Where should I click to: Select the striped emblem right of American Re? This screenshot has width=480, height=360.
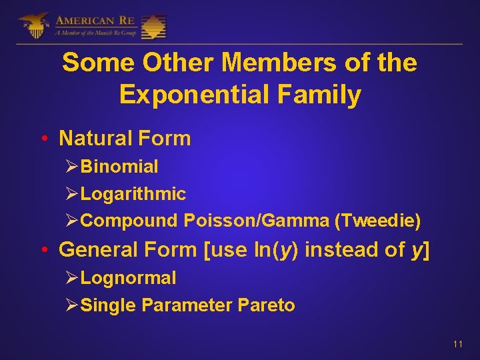(x=154, y=25)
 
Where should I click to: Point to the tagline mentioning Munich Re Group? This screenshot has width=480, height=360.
(x=94, y=33)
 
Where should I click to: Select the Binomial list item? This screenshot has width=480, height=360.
(x=119, y=167)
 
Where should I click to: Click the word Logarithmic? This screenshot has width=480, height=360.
(x=133, y=194)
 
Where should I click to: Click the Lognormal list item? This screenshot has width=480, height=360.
(x=128, y=277)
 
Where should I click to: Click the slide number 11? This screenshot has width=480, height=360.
(x=457, y=344)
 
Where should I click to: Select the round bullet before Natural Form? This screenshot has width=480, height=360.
(x=43, y=139)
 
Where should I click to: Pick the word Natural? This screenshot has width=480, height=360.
(x=96, y=139)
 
